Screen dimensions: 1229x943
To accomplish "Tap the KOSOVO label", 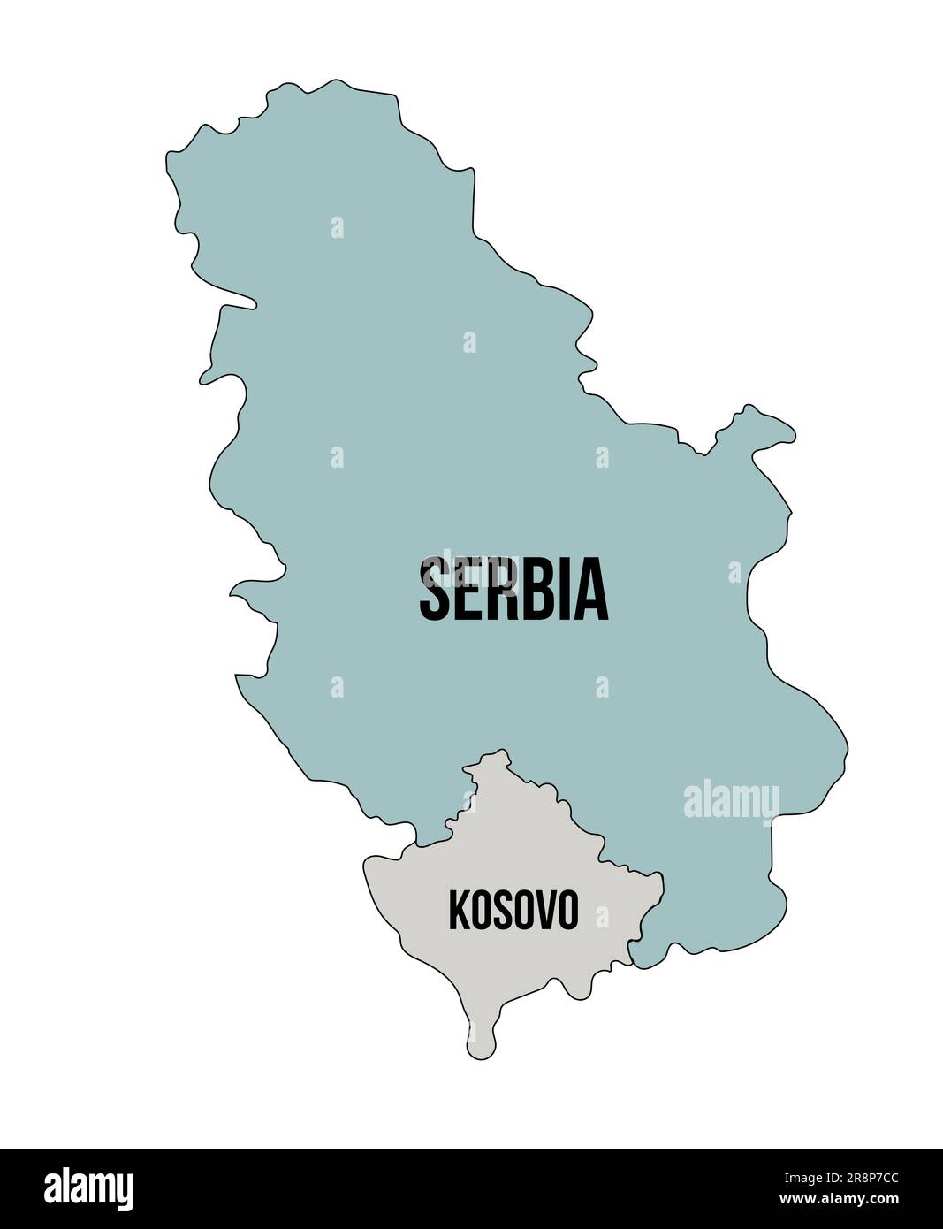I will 513,910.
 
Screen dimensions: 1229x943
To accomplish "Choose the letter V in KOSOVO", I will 545,910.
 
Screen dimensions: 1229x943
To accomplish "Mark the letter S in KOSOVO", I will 502,910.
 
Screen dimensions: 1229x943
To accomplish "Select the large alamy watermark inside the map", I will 732,800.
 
